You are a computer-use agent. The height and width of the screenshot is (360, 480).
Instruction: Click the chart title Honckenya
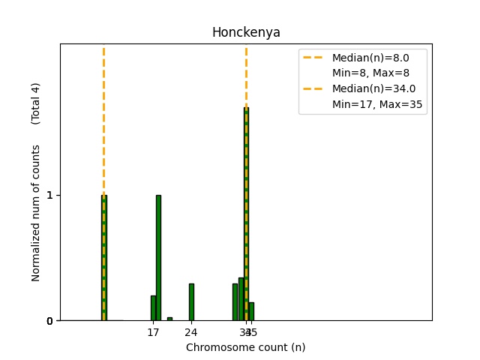pyautogui.click(x=246, y=32)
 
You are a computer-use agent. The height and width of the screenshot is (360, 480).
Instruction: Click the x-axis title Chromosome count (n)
pyautogui.click(x=245, y=347)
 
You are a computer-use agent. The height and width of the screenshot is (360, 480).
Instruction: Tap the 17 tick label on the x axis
pyautogui.click(x=153, y=331)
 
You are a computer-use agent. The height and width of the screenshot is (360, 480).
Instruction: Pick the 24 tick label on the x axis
pyautogui.click(x=191, y=331)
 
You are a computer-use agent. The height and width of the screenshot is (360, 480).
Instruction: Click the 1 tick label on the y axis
pyautogui.click(x=49, y=195)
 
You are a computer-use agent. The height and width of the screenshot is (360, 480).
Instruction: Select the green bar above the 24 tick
pyautogui.click(x=191, y=302)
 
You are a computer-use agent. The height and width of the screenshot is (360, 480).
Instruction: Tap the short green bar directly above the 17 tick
pyautogui.click(x=153, y=308)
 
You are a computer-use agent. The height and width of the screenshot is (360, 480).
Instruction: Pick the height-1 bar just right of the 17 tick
pyautogui.click(x=158, y=258)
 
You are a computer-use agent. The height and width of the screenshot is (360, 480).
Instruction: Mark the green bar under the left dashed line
pyautogui.click(x=103, y=258)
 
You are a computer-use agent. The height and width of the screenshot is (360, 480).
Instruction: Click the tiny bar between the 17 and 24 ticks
pyautogui.click(x=169, y=319)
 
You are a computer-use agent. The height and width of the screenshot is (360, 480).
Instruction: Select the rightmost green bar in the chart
pyautogui.click(x=251, y=311)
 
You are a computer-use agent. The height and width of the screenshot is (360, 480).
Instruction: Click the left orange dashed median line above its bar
pyautogui.click(x=103, y=120)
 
